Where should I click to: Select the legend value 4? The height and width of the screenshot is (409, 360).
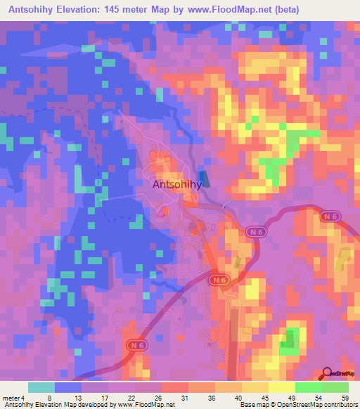(25, 398)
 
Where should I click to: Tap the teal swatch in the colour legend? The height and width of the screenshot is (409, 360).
(41, 387)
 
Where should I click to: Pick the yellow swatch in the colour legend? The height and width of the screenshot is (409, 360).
(281, 387)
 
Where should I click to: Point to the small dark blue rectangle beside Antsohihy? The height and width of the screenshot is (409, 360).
(204, 179)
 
